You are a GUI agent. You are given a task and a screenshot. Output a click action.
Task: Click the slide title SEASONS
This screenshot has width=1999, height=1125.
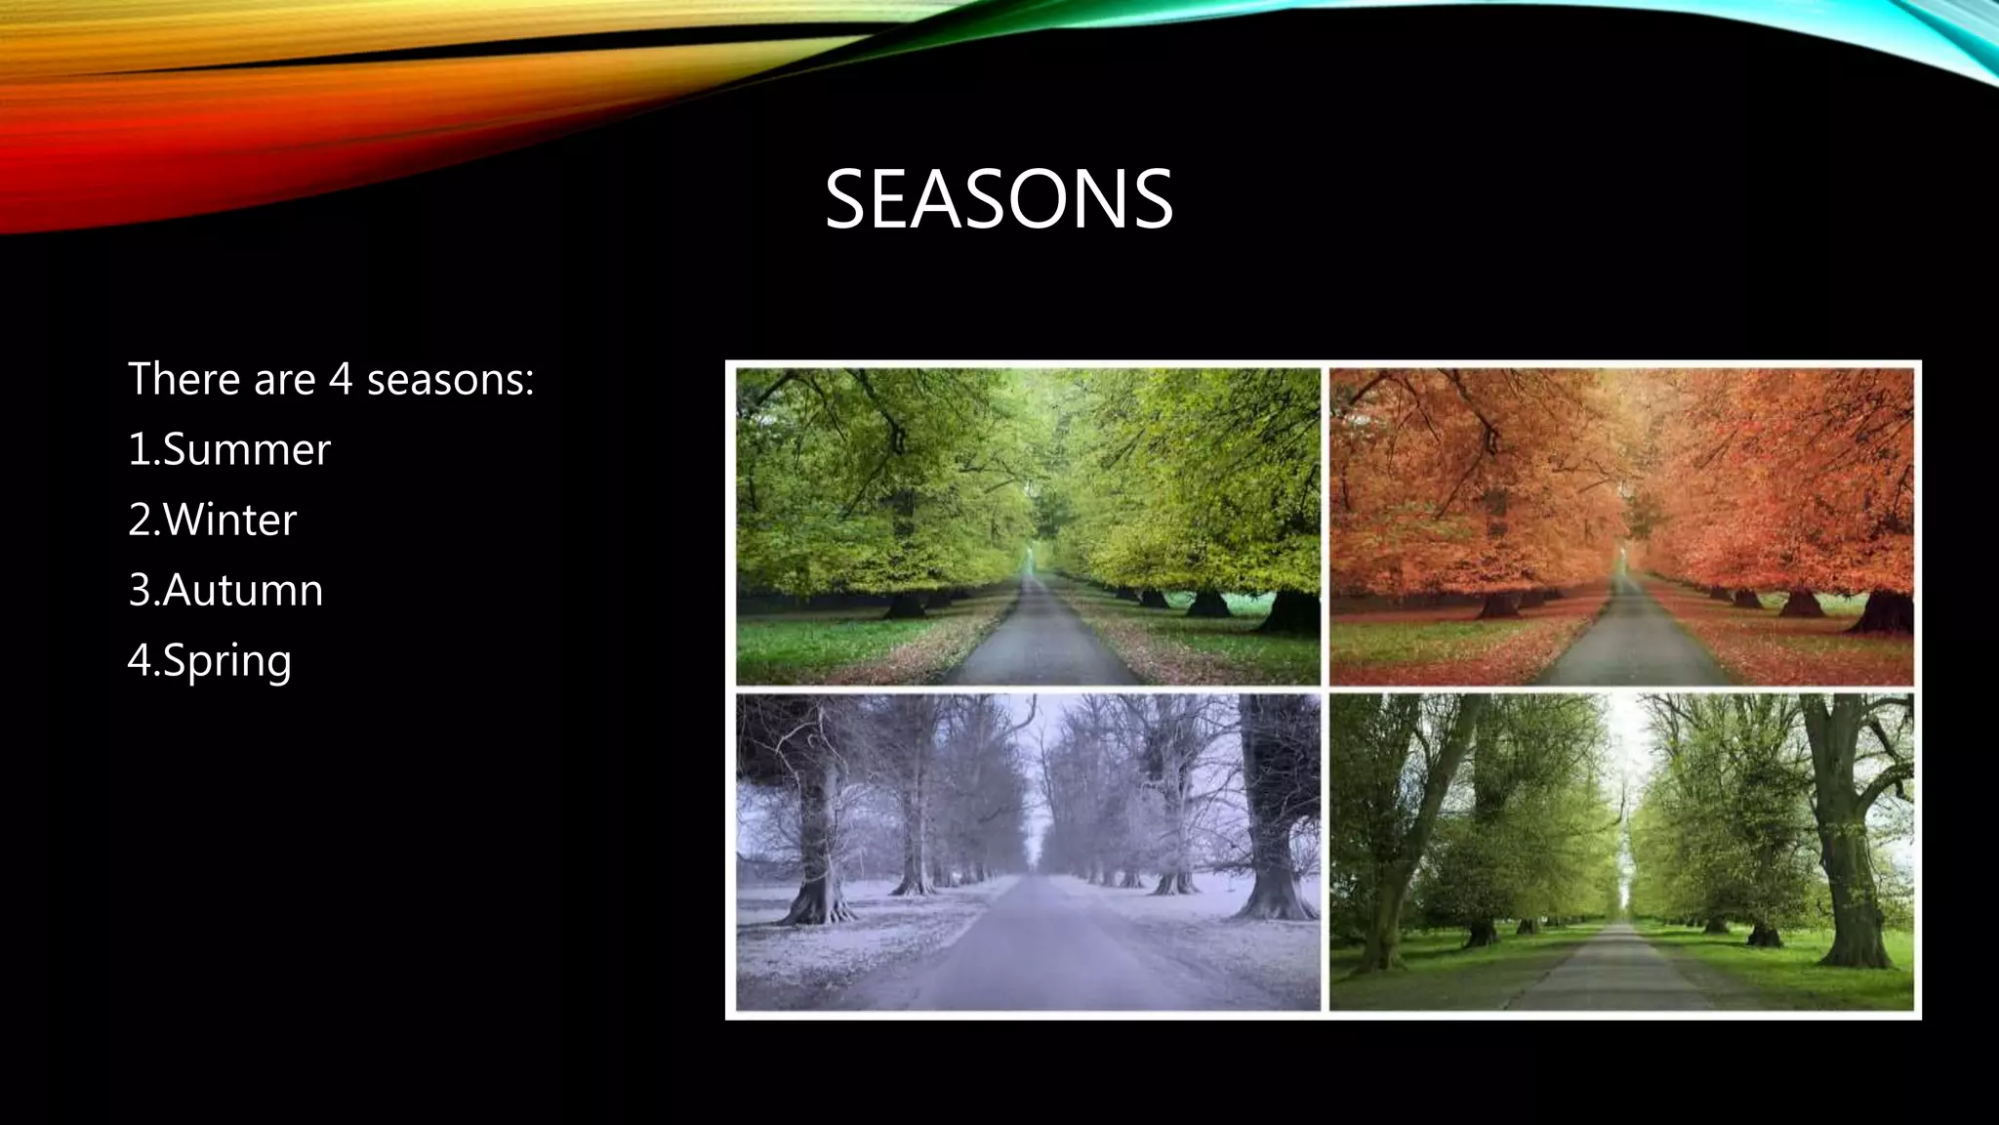coord(998,199)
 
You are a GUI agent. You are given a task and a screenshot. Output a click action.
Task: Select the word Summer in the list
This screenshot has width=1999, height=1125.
coord(247,450)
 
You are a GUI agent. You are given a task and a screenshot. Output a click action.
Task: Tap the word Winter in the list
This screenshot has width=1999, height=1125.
coord(229,521)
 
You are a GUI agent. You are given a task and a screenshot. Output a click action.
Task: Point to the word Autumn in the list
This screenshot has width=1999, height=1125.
coord(243,591)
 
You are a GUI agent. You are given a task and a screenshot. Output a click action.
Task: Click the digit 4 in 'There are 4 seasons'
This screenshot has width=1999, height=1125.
coord(340,380)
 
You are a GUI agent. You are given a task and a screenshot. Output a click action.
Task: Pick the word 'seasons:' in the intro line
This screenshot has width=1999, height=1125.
coord(450,380)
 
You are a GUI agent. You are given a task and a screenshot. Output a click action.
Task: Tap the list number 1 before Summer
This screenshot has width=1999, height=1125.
coord(139,450)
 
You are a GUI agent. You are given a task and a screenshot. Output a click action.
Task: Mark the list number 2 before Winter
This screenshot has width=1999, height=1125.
coord(140,521)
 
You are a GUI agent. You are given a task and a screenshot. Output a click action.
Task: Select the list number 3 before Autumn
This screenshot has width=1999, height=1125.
coord(140,591)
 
